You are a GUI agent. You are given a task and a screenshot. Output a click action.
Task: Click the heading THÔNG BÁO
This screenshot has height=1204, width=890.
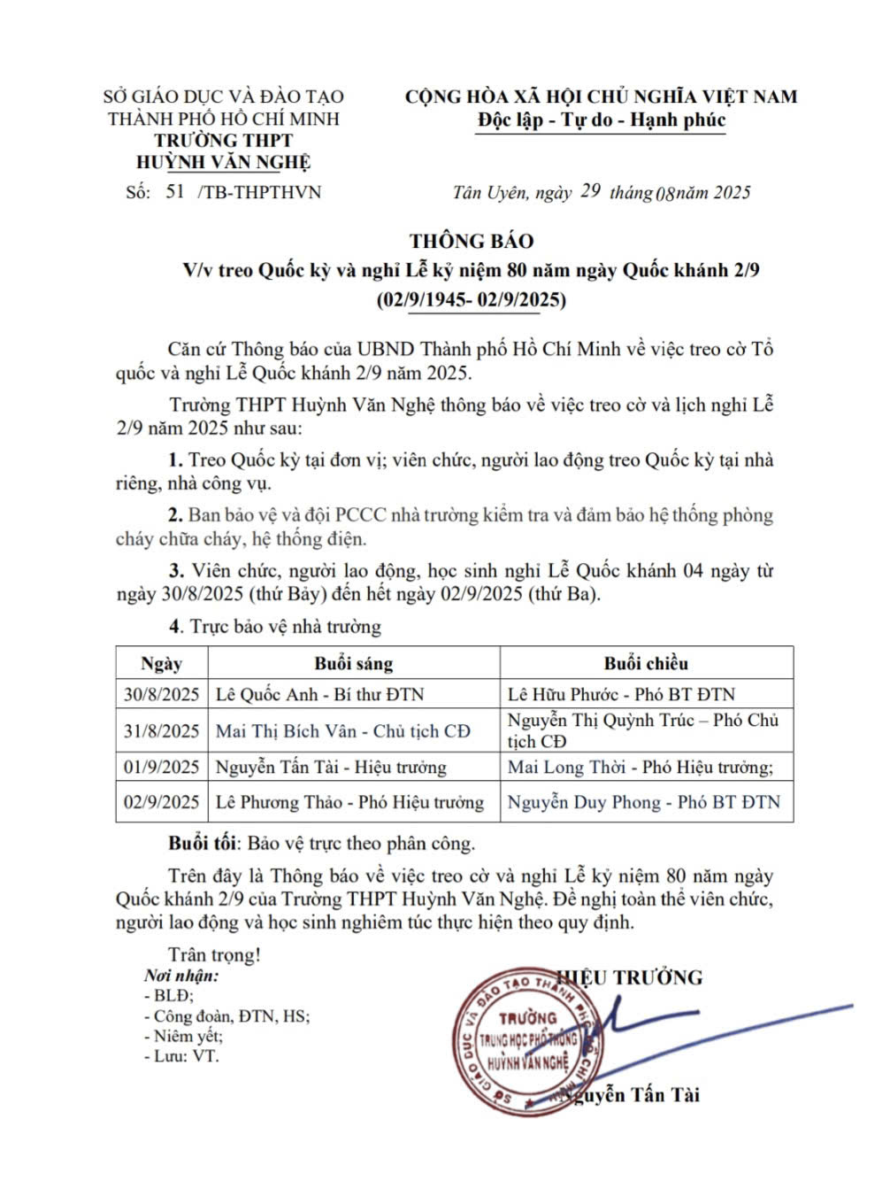(472, 241)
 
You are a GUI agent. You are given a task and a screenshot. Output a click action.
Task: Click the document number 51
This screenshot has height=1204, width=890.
(174, 191)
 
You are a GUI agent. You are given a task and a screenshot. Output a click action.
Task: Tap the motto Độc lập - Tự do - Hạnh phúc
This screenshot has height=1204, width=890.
(602, 120)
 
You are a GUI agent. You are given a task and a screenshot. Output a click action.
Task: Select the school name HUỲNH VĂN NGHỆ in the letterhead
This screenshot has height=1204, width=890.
(223, 162)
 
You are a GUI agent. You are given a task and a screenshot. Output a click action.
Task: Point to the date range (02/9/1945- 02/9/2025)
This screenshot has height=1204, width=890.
(472, 300)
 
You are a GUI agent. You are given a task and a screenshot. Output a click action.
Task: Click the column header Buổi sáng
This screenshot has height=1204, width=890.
(353, 663)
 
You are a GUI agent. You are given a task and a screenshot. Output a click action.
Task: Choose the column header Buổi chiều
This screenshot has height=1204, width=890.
(646, 663)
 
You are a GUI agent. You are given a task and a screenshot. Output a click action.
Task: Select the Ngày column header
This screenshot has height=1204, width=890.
(161, 663)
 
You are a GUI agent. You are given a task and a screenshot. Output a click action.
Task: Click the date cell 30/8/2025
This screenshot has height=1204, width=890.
(161, 694)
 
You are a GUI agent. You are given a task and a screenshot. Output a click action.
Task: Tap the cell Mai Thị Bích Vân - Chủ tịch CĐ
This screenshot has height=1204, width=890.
(343, 731)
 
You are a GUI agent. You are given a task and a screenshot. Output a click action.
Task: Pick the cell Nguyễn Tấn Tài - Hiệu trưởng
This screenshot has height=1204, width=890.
(331, 768)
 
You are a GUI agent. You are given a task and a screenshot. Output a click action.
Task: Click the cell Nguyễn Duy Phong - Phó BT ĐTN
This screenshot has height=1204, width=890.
(644, 803)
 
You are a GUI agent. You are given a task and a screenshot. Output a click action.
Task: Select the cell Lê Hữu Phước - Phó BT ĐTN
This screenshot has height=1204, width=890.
(621, 694)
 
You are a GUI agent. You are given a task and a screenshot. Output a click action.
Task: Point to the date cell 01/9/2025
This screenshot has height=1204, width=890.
(161, 768)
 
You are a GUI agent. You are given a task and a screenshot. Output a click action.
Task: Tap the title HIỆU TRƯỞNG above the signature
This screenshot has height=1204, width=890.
(640, 977)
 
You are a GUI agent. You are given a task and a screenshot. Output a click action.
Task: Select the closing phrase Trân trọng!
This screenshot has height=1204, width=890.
(215, 955)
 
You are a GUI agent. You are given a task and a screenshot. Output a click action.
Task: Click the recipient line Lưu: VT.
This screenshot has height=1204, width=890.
(181, 1055)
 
